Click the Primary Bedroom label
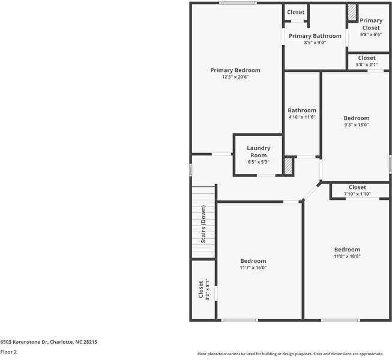235,70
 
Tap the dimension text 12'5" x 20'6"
235,77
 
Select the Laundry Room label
259,152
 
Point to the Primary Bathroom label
315,36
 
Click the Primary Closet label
370,24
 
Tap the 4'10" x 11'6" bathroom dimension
301,117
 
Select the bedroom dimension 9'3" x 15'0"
356,125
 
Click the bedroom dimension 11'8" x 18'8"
347,256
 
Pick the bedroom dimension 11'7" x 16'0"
253,268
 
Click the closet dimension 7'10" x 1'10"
357,194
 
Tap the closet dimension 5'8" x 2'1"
366,64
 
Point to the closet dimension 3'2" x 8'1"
207,289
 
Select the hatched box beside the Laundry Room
288,166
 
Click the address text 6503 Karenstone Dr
48,341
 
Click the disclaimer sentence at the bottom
294,353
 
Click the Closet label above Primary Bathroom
295,12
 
